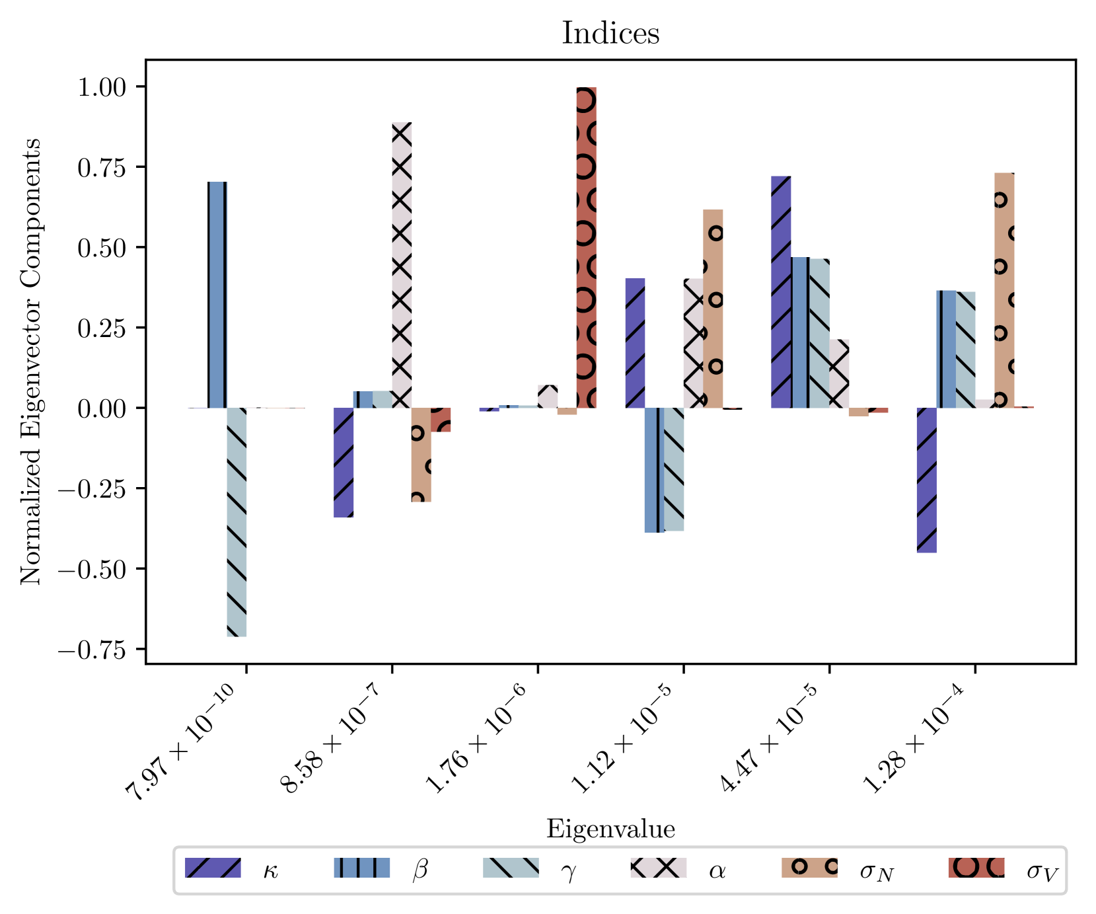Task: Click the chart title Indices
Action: pos(610,33)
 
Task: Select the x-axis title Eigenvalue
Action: pos(610,829)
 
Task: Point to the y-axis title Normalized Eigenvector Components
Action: pos(30,362)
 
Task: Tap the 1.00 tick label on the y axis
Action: pos(102,87)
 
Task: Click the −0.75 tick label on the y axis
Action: pos(92,651)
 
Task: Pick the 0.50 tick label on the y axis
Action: pos(102,248)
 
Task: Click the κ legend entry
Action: pos(232,868)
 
